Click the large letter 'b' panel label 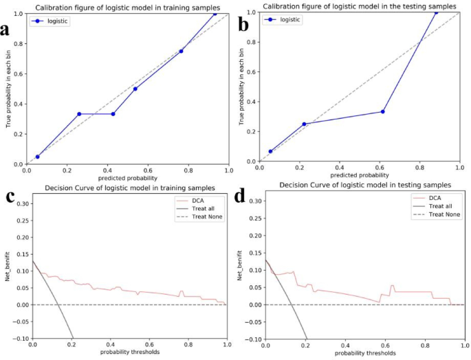click(x=244, y=27)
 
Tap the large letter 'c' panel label click(x=10, y=196)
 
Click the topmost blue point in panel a click(x=215, y=13)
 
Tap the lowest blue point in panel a click(x=37, y=157)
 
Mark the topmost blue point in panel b click(x=436, y=12)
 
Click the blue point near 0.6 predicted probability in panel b click(x=383, y=111)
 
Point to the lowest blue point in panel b click(x=270, y=151)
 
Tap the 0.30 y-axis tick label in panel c click(x=22, y=204)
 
